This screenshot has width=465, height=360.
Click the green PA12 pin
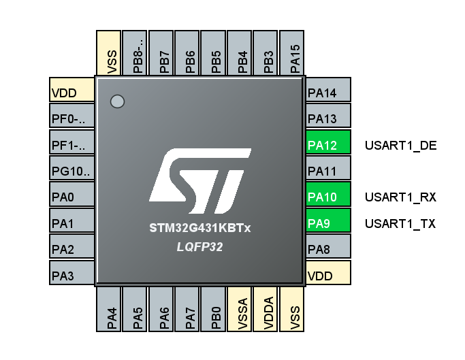[x=327, y=144]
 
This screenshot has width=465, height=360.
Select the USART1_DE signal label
[x=400, y=145]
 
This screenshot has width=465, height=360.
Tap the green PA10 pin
[x=327, y=197]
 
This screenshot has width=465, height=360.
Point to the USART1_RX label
[x=400, y=197]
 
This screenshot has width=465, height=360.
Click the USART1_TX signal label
[x=400, y=223]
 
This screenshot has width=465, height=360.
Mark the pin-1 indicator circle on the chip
[x=117, y=101]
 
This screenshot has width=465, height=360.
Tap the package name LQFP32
[x=200, y=248]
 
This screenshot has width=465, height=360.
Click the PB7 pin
[x=163, y=54]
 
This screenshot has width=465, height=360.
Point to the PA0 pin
[x=71, y=197]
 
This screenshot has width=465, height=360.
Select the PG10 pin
[x=71, y=171]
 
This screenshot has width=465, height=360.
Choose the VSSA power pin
[x=240, y=310]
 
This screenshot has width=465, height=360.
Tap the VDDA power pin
[x=268, y=310]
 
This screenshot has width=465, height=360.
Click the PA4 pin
[x=111, y=310]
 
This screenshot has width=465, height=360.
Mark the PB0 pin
[x=215, y=310]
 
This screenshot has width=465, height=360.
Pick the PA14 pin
[x=327, y=92]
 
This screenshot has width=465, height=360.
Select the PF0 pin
[x=71, y=118]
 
